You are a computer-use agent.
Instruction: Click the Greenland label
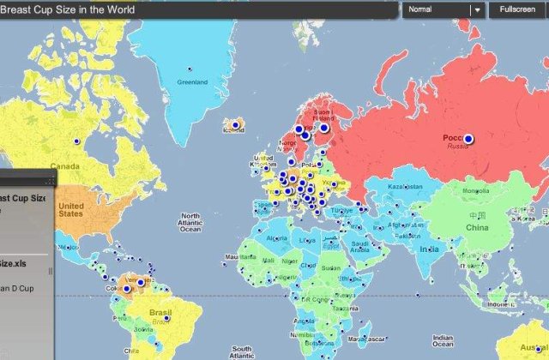point(192,82)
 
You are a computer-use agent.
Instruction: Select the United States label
point(71,210)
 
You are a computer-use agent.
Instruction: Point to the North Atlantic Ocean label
point(190,223)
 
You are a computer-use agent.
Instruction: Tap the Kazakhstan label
point(405,186)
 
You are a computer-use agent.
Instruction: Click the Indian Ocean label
point(443,340)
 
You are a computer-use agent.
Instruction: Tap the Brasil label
point(161,312)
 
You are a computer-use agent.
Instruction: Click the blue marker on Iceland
point(230,123)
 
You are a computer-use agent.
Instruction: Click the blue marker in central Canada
point(76,140)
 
